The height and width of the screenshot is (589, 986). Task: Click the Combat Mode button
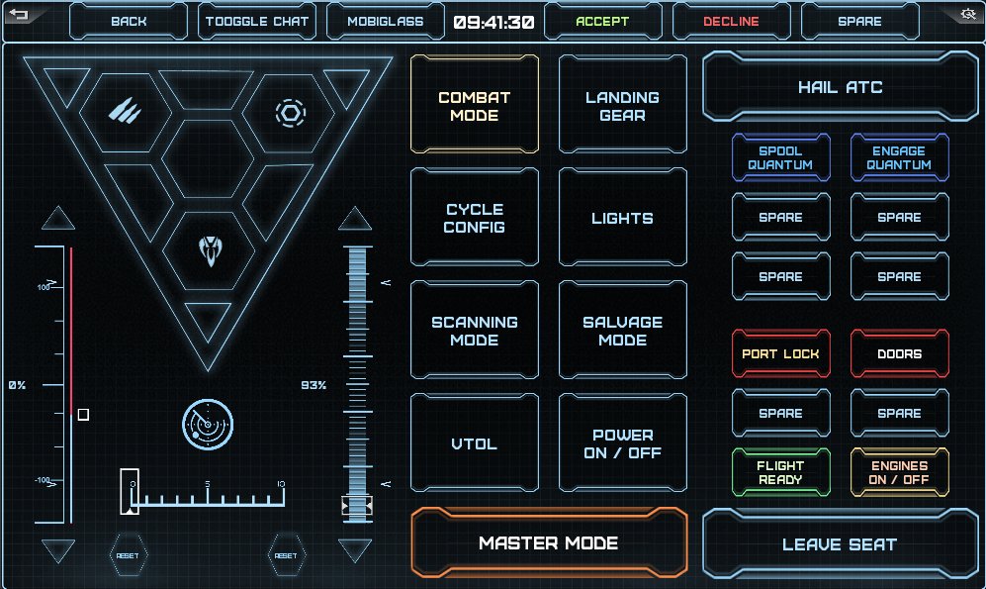point(475,106)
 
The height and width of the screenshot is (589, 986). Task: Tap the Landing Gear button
point(622,106)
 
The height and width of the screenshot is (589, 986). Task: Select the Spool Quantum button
point(780,158)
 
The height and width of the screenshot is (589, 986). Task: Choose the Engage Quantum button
point(899,158)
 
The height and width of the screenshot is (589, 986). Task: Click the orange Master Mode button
point(548,542)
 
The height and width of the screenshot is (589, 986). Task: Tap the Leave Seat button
point(839,543)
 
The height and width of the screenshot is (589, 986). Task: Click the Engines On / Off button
point(899,472)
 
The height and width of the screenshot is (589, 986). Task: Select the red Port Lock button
point(780,353)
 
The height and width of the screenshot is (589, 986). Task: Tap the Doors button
point(899,353)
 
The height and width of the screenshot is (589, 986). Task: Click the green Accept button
point(602,21)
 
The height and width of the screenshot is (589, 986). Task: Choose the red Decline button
point(731,21)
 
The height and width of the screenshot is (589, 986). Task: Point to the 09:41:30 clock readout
point(494,21)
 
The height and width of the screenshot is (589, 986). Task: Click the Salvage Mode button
point(622,331)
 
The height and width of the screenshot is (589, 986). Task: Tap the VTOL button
point(475,443)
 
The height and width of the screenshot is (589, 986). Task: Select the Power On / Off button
point(622,443)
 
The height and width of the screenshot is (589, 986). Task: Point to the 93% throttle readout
point(314,385)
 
